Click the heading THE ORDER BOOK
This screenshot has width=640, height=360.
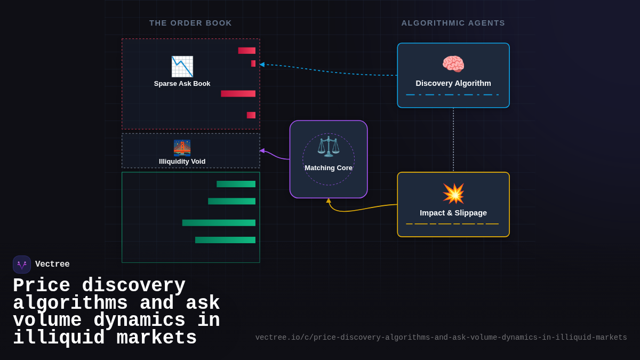190,23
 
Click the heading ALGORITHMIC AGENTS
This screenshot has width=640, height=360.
453,23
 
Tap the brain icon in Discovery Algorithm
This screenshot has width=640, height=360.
453,65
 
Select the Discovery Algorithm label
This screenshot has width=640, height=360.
453,83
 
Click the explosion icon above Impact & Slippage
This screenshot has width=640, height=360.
453,193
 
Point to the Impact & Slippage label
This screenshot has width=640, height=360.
453,213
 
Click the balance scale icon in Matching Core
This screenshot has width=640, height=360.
329,147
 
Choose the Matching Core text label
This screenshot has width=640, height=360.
329,167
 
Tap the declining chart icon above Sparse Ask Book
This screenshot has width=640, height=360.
182,67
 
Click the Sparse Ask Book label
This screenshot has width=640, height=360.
182,84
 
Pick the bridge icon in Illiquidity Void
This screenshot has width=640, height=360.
182,147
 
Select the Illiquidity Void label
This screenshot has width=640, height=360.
182,162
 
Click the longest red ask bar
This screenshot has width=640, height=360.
238,94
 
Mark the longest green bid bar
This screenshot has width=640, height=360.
219,223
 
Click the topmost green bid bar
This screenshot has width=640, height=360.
236,184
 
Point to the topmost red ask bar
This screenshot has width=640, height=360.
246,51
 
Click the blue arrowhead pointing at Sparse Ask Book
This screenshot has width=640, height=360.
262,65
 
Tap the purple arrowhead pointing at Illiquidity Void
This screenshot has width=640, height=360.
262,151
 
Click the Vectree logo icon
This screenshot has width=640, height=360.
22,265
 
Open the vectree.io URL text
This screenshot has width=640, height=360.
441,338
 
